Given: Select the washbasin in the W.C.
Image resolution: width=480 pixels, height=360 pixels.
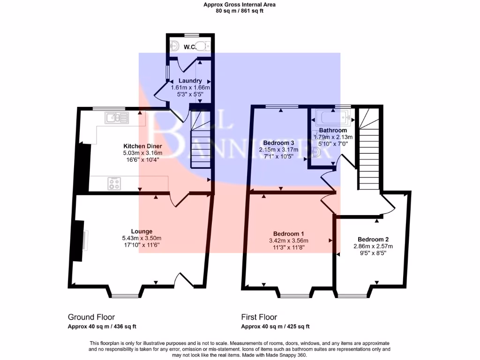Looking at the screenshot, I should point(175,46).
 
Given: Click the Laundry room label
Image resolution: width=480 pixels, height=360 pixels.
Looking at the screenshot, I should point(190,81).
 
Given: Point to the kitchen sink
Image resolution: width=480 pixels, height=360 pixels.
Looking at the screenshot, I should point(117,118).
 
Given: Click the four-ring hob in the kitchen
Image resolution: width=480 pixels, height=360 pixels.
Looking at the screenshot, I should point(114,183).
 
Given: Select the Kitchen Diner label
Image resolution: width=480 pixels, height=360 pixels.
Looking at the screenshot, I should point(142,146).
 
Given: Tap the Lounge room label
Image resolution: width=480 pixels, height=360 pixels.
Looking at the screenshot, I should point(142,231).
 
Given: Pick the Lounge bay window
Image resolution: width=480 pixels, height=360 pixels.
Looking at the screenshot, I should point(125,295).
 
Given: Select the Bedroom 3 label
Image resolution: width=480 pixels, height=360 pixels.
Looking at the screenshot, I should point(278,142).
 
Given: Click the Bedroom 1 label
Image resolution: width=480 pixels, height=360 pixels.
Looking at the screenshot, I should point(289,234).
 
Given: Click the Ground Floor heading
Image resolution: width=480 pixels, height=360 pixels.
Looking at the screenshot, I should point(91,317).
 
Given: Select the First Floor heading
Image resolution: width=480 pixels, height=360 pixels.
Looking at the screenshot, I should point(259,317).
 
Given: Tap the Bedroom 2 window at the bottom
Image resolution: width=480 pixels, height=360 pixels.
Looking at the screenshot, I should point(353,295).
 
